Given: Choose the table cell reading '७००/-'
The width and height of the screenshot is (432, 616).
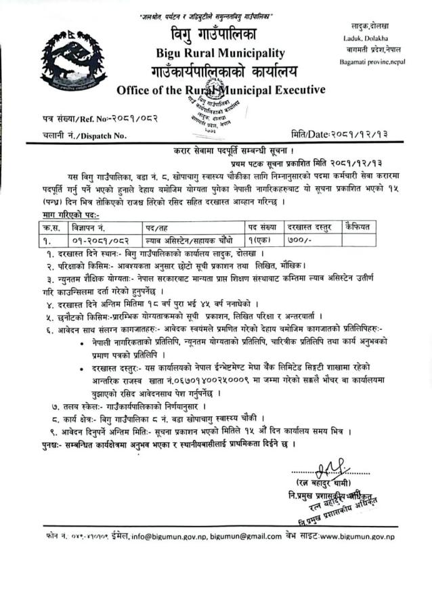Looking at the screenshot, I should [297, 240].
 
